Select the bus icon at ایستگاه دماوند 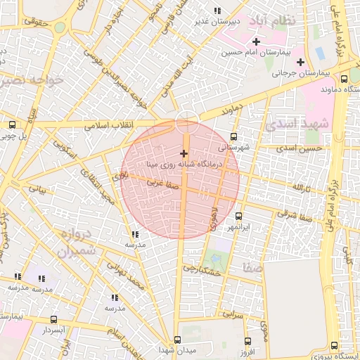pos(345,79)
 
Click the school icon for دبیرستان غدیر pos(217,11)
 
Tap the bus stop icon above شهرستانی pos(234,137)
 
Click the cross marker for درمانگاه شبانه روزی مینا pos(184,153)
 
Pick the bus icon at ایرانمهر pos(238,216)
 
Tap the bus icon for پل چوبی pos(12,124)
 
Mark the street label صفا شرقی pos(290,213)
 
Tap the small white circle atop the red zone pos(186,121)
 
